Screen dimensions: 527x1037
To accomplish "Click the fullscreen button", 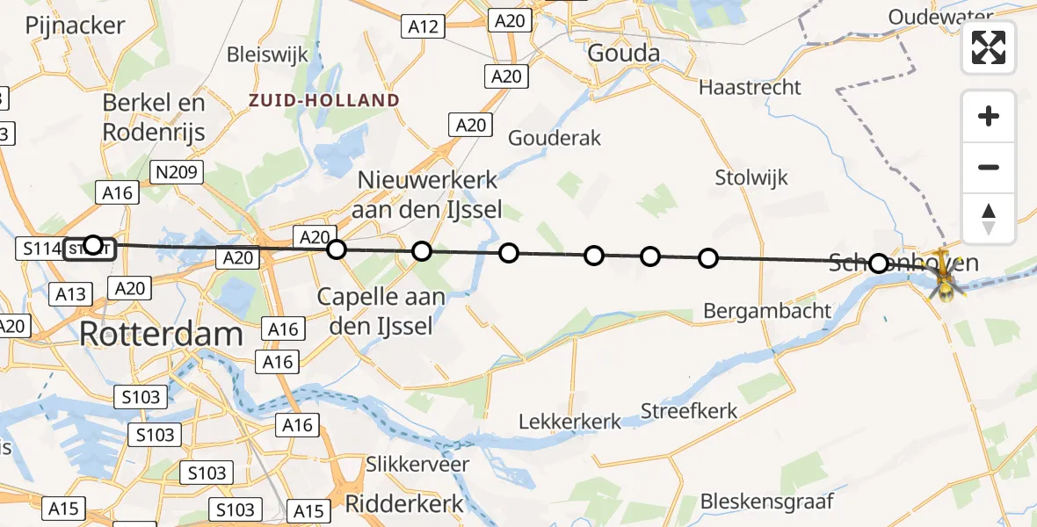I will pos(989,47).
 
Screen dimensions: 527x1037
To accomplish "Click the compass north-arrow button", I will pos(989,218).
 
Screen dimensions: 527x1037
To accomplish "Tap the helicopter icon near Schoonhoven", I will pos(945,278).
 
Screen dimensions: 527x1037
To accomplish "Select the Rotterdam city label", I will pos(161,334).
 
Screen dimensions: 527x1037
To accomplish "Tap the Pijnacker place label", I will pos(76,25).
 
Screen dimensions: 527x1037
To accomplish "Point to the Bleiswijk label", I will pos(268,54).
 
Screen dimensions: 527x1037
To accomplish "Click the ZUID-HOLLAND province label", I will pos(323,100).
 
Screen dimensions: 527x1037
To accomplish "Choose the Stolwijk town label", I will pos(751,177).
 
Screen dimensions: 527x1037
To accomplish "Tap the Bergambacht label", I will pos(767,310).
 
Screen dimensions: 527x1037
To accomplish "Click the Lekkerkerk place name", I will pos(570,421).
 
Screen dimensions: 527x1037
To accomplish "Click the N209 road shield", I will pos(177,172).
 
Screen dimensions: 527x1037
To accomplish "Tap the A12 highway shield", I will pos(424,27).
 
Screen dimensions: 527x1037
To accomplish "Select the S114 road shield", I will pos(40,249).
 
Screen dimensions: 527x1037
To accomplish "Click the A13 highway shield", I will pos(70,293).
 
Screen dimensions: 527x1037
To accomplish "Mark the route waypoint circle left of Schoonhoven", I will pos(879,263).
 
